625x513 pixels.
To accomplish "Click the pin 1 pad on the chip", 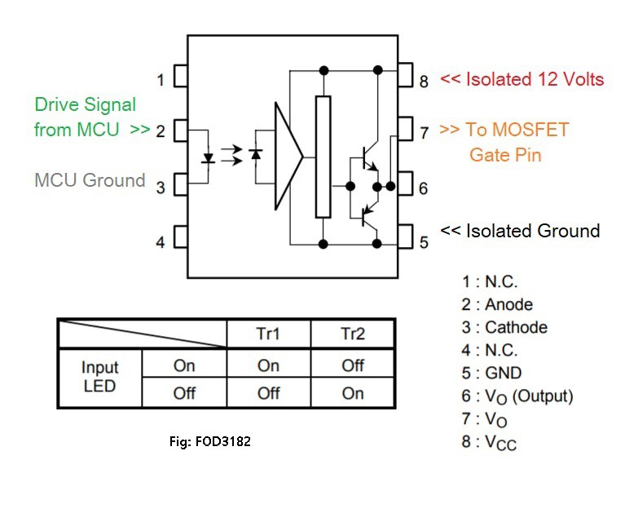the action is (x=181, y=76).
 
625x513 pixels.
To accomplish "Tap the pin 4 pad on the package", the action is (x=181, y=237).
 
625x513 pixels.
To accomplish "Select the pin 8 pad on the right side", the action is (x=405, y=74).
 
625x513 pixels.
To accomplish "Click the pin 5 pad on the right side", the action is (x=405, y=237).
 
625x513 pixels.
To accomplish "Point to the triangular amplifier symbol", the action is (x=288, y=156).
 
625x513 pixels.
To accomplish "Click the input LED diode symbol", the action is (x=208, y=158).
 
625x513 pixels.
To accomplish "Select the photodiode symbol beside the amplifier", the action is (x=256, y=154).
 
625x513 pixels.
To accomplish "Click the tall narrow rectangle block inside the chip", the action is (x=324, y=157).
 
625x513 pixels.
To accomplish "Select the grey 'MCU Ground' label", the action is (x=90, y=180).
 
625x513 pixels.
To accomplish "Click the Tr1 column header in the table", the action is (x=268, y=334).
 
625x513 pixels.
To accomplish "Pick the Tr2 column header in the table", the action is (x=353, y=334).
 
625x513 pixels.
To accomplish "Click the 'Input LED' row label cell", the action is (x=100, y=377).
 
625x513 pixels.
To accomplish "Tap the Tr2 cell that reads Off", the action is (x=353, y=365).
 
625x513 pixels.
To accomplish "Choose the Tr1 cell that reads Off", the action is (x=268, y=393).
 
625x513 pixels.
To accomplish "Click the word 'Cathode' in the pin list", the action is (x=516, y=328).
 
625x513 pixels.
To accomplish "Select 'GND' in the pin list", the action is (x=504, y=373).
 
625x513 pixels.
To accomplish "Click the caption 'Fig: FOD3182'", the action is (x=210, y=441).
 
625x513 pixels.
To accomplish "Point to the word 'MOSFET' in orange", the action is (x=530, y=130).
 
